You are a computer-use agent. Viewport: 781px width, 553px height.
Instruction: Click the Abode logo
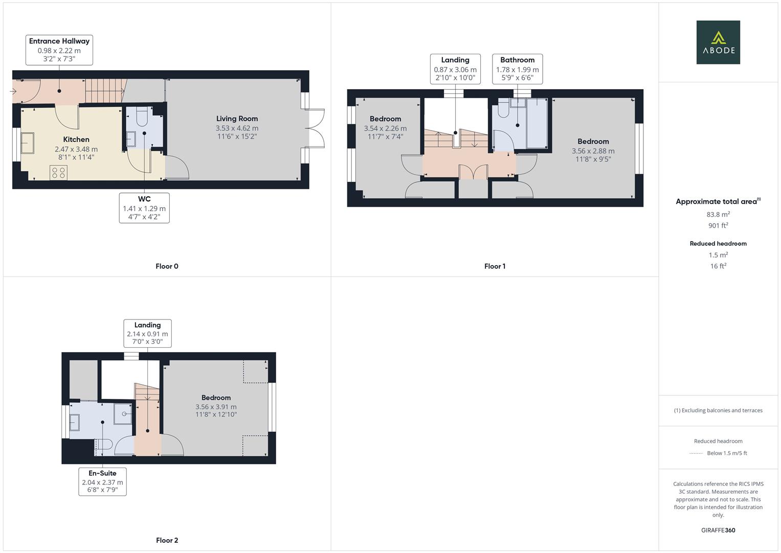point(718,42)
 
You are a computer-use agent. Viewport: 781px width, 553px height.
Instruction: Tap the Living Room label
point(237,119)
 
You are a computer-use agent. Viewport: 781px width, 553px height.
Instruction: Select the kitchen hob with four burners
point(59,173)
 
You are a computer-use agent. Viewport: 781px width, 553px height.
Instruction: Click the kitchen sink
point(27,143)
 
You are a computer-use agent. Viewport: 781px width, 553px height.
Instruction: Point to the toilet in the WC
point(142,117)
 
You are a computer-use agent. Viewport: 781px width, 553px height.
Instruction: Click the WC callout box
point(144,208)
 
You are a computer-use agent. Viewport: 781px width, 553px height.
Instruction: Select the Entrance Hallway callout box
point(59,50)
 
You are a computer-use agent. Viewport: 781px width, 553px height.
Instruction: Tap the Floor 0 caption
point(167,266)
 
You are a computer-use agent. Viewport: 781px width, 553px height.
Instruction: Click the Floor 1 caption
point(495,266)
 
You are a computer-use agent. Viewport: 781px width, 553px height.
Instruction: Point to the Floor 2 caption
point(167,540)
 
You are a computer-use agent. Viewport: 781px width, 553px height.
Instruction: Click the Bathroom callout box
point(518,69)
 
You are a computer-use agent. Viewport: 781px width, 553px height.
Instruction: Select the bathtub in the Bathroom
point(537,123)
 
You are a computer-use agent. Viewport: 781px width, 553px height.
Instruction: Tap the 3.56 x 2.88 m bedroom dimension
point(593,151)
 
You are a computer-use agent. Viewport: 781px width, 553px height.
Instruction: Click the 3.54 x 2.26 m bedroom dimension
point(385,129)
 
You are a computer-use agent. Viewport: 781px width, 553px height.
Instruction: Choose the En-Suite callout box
point(102,481)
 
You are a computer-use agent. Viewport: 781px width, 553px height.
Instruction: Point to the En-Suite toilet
point(104,444)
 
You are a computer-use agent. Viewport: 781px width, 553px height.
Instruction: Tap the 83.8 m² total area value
point(718,215)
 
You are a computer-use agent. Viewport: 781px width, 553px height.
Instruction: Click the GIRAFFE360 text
point(718,530)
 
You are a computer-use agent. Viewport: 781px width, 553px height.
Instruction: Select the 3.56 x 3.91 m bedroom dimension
point(216,407)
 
